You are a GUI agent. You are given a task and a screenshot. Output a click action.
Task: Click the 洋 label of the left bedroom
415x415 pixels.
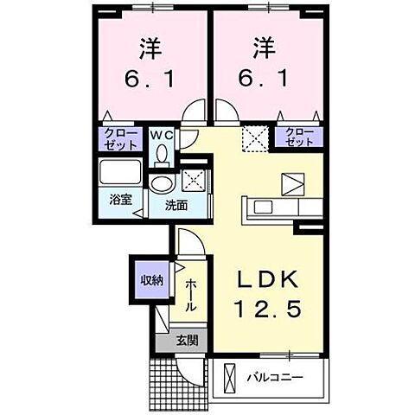point(149,45)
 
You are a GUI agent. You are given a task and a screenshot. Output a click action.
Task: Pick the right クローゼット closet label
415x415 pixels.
point(297,137)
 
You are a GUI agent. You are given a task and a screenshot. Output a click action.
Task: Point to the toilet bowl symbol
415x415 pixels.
point(162,154)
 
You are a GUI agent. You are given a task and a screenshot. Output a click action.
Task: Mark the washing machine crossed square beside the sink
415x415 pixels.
point(193,181)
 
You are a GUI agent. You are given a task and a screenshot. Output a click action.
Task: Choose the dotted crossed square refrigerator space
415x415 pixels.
point(254,138)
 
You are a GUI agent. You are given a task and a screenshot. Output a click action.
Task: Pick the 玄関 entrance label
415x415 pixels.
point(188,340)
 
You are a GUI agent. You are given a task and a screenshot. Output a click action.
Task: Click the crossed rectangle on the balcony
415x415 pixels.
point(229,377)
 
